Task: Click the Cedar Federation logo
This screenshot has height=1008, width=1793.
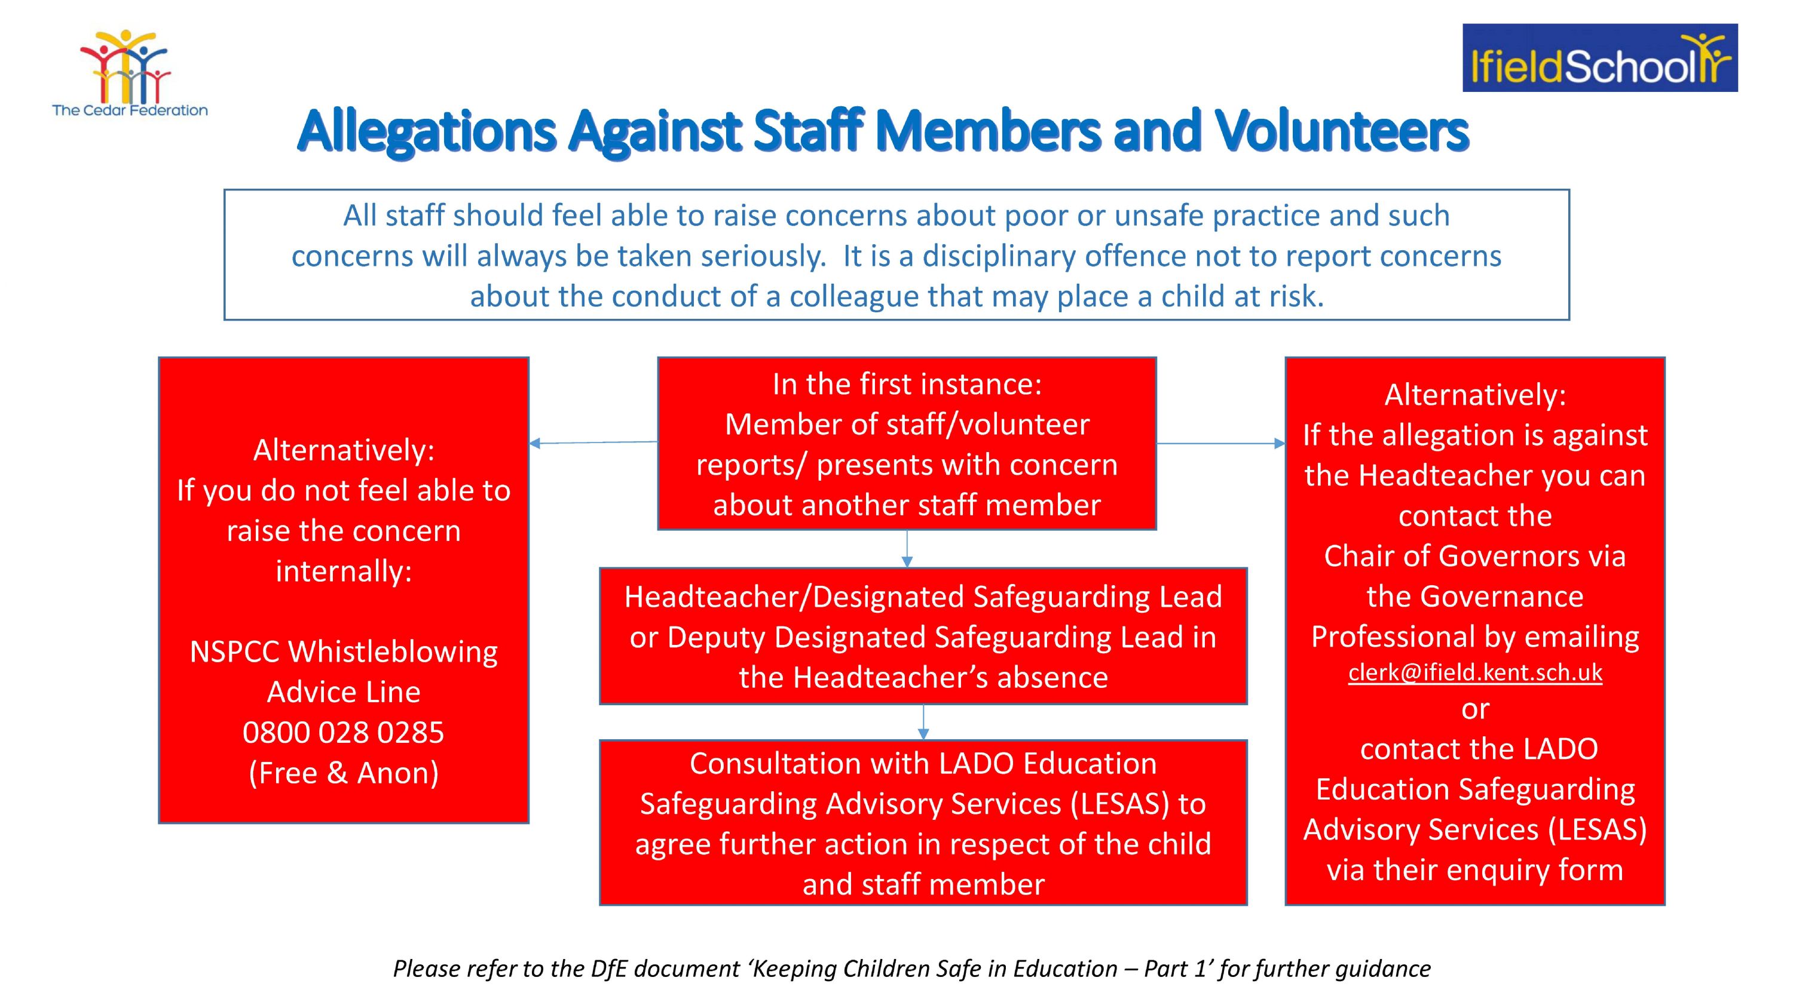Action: (130, 72)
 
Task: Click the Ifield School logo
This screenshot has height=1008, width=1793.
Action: (1599, 58)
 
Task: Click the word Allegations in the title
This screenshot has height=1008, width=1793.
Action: (427, 131)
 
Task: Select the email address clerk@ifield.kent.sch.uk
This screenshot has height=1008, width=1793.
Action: (1475, 672)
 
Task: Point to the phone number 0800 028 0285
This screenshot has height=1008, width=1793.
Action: (343, 733)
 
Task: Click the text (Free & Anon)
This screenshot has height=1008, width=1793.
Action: (343, 773)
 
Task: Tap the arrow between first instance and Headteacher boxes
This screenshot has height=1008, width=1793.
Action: (906, 549)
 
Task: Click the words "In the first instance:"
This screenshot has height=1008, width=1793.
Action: (907, 384)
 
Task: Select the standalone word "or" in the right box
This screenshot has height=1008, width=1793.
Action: (1475, 709)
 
